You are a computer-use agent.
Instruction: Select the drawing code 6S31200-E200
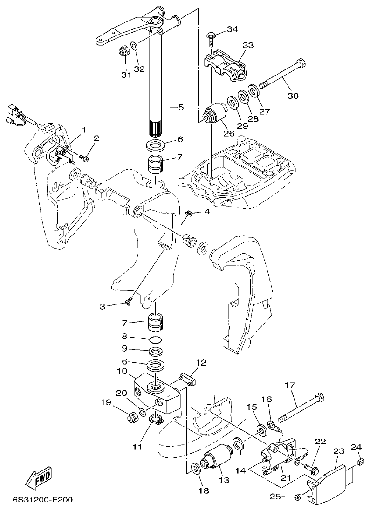click(x=42, y=500)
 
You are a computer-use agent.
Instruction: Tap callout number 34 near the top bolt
click(x=232, y=29)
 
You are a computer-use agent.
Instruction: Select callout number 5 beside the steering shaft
click(x=180, y=107)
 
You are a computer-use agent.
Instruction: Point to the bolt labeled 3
click(x=129, y=304)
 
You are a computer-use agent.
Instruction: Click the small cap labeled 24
click(x=359, y=462)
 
